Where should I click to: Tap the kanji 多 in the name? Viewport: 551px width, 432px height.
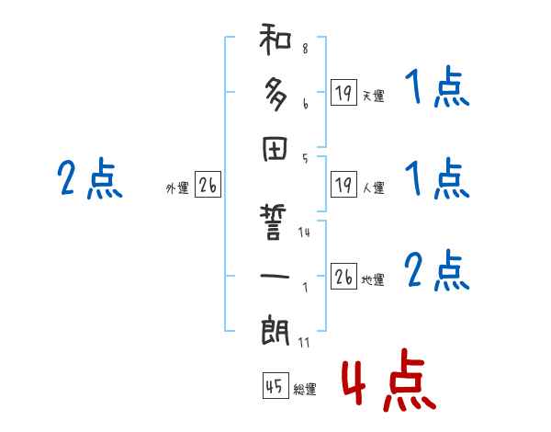(275, 94)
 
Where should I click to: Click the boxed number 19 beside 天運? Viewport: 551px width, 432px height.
(343, 93)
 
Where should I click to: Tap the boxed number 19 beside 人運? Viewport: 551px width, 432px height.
(343, 185)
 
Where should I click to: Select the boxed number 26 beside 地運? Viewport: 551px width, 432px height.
(343, 277)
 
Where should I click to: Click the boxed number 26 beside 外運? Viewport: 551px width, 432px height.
(207, 185)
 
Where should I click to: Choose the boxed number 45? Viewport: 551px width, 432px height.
(274, 386)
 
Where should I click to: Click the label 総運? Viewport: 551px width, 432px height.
(306, 390)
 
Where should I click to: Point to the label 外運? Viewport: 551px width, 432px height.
(177, 188)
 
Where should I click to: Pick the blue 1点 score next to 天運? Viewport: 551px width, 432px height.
(437, 90)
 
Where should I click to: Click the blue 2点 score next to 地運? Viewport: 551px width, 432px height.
(437, 270)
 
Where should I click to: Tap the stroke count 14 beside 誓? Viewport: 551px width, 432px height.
(305, 233)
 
